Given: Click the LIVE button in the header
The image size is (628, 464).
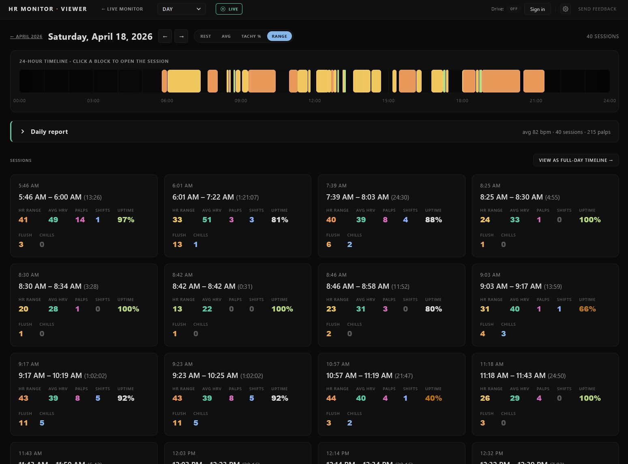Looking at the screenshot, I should click(x=229, y=9).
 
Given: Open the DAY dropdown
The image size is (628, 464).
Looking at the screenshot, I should click(x=181, y=9).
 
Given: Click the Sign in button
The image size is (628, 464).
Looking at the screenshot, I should click(x=537, y=9).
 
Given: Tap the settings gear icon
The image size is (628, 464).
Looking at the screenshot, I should click(x=566, y=9).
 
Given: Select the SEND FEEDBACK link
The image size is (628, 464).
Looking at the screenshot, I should click(x=597, y=9).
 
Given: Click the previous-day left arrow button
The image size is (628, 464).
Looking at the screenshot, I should click(x=165, y=37).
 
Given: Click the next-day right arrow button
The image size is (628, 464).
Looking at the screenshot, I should click(x=181, y=37).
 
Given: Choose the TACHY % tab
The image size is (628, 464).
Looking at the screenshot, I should click(x=251, y=37).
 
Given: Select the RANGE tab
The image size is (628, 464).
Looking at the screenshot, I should click(x=279, y=37).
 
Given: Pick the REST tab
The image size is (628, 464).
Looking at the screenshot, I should click(x=206, y=37).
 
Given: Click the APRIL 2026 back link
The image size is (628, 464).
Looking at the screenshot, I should click(x=26, y=37).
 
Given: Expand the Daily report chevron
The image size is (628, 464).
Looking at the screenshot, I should click(x=23, y=131).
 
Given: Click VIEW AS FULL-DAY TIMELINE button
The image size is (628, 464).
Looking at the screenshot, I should click(x=576, y=160).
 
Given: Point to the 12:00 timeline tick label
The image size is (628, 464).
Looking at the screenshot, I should click(x=315, y=101).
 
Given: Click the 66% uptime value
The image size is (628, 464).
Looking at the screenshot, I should click(x=587, y=309).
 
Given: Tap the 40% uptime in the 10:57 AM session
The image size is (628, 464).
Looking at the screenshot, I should click(x=433, y=398).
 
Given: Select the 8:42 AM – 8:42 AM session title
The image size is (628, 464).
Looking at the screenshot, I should click(x=204, y=286).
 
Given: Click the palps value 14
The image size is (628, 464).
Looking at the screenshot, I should click(x=80, y=220).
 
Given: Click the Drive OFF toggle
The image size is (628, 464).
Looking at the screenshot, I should click(x=514, y=9).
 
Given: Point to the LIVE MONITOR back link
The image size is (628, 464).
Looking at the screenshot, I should click(x=122, y=9).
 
